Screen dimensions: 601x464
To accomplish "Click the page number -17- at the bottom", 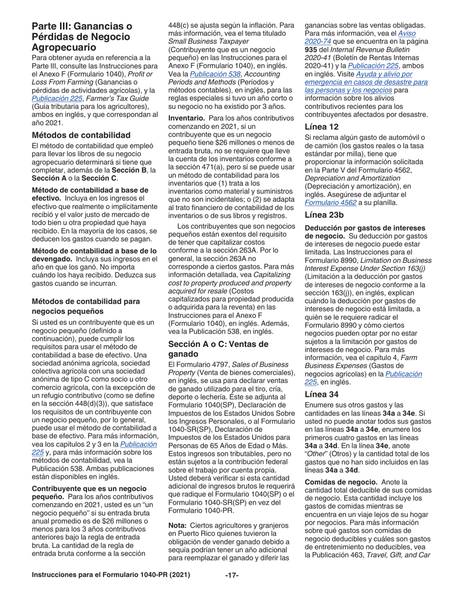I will click(x=232, y=575).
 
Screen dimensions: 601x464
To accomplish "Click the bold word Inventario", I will click(x=187, y=118).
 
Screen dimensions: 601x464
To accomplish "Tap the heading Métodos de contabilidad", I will click(x=81, y=135).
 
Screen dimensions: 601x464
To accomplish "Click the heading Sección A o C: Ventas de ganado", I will click(x=218, y=349).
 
